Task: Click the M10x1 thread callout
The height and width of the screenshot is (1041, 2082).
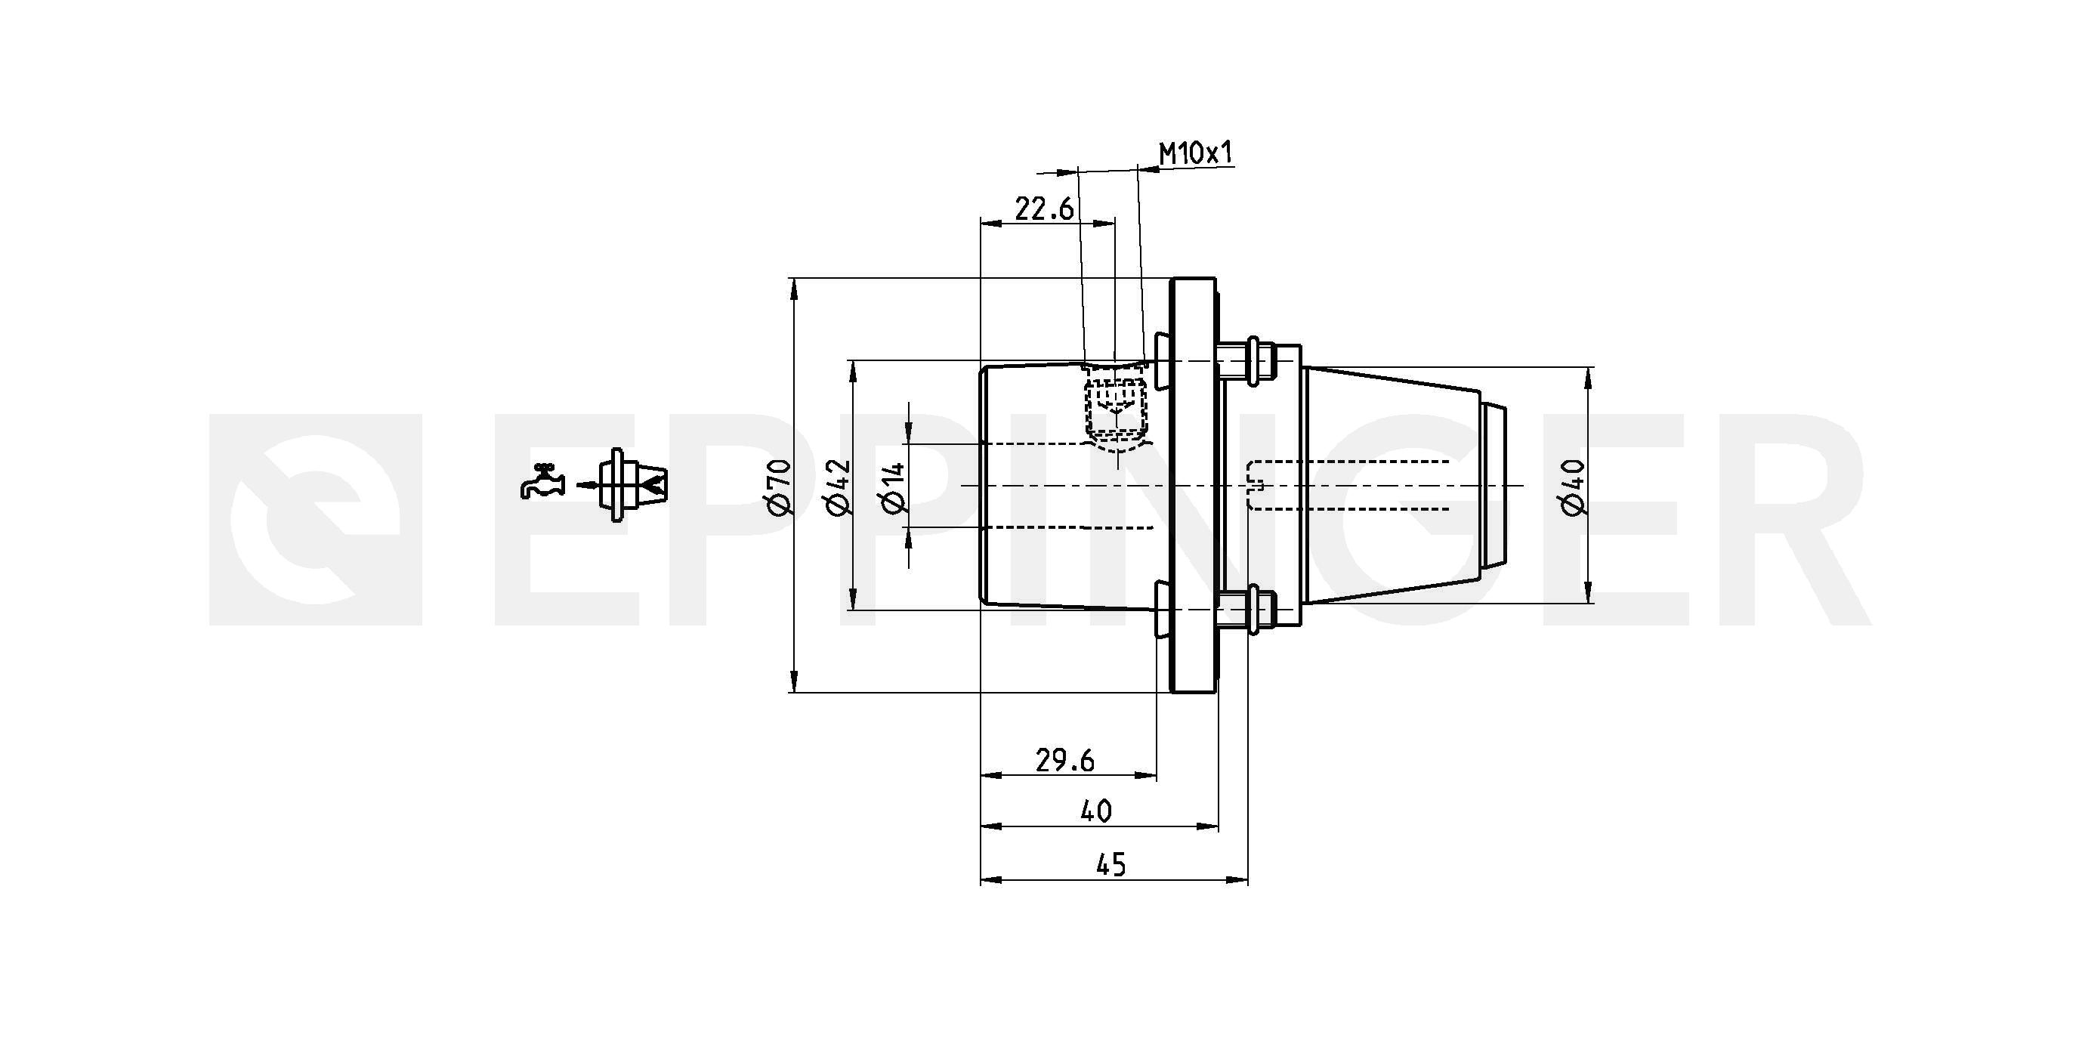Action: point(1197,153)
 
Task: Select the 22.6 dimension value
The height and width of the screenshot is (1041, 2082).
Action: point(1044,209)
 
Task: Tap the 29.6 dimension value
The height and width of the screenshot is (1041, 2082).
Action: point(1065,761)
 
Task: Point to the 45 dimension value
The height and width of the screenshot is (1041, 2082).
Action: point(1111,865)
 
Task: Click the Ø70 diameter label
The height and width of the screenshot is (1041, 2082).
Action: point(778,487)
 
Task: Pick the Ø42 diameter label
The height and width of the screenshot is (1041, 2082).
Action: point(838,487)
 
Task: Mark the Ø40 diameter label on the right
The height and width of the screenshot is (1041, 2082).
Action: point(1573,487)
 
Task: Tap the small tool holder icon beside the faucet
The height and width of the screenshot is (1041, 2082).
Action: point(633,485)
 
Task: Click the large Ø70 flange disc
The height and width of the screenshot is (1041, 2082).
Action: point(1193,485)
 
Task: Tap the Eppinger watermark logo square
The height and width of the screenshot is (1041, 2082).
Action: point(316,520)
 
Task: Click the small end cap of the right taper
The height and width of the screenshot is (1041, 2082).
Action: point(1494,485)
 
